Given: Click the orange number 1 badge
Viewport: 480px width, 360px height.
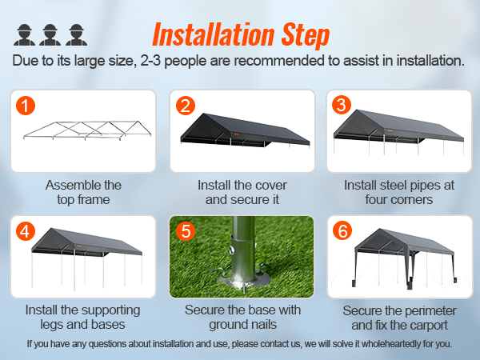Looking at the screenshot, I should click(26, 106).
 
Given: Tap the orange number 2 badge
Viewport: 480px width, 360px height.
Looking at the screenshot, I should click(185, 106).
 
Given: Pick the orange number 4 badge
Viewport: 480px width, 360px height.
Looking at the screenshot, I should click(26, 232).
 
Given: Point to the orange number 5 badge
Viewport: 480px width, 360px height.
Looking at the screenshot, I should click(185, 232).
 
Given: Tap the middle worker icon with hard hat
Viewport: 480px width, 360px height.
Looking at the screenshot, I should click(50, 34).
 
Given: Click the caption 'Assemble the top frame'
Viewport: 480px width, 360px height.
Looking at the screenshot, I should click(83, 192).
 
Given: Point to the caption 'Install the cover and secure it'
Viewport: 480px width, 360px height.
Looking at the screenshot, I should click(242, 192).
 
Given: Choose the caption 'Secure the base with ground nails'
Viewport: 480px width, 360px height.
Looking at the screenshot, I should click(242, 317).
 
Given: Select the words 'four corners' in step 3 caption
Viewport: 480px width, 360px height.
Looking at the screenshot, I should click(399, 199).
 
